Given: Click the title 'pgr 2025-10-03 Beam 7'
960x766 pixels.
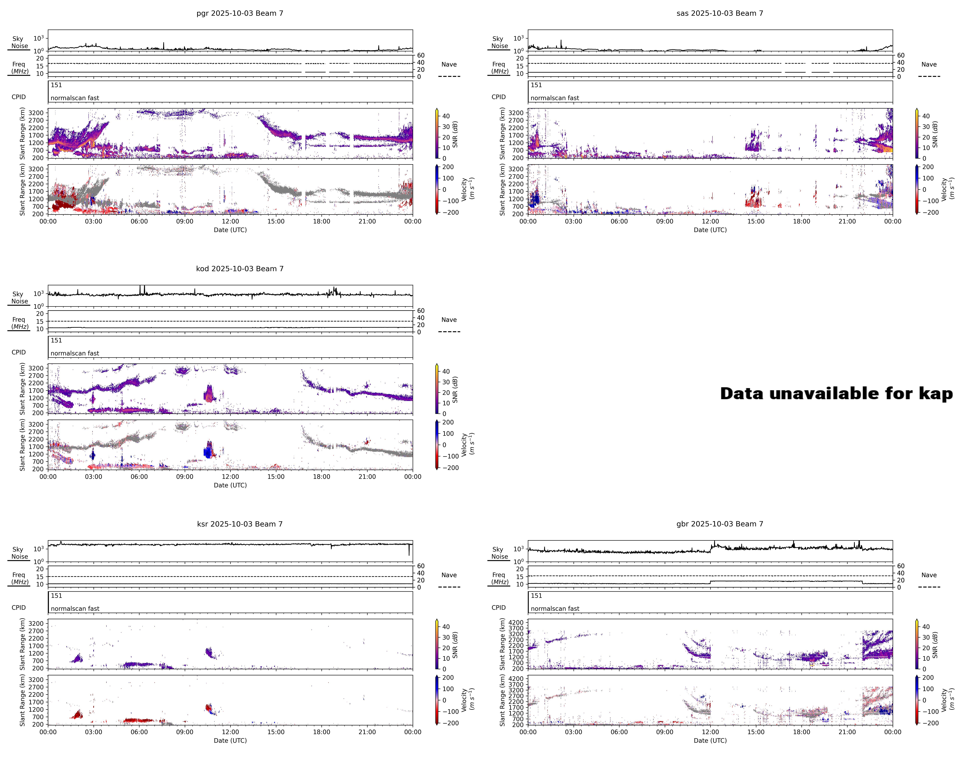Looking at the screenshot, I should pos(240,13).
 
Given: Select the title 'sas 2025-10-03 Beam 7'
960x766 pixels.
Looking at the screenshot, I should pos(720,13).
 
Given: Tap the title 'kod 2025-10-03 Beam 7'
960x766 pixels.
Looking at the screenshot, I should pos(240,269).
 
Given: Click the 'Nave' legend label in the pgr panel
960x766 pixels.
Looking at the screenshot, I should pos(449,65).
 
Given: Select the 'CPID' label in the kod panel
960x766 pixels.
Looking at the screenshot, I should pos(19,352).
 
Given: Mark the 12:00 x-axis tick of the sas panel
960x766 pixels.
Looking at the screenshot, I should pos(710,221).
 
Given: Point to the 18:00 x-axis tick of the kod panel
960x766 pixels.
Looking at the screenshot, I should pos(321,476).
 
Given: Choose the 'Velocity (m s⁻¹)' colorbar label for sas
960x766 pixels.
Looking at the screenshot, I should pos(947,188).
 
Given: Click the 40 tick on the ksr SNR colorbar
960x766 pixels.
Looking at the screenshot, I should pos(446,627).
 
